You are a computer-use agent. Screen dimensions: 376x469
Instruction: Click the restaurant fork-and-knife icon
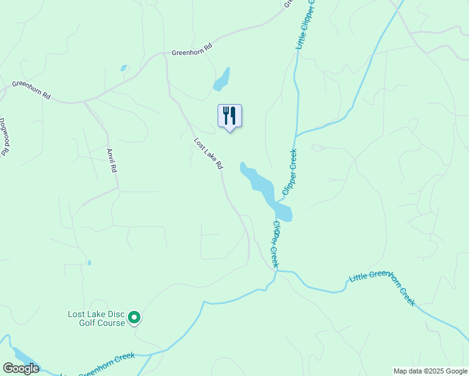(229, 116)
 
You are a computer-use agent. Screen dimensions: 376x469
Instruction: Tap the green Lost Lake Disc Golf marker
(134, 318)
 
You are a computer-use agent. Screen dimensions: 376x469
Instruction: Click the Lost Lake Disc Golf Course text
(97, 318)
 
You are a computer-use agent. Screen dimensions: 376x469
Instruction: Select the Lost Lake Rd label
(208, 154)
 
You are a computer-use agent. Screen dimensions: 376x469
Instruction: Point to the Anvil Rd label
(112, 160)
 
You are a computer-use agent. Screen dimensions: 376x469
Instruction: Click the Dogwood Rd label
(5, 137)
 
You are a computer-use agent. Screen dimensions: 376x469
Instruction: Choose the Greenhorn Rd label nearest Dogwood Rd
(31, 90)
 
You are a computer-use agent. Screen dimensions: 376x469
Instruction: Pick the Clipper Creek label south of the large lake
(275, 244)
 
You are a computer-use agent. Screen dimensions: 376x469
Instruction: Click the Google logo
(21, 368)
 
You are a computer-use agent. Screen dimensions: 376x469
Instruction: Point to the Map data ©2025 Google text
(430, 371)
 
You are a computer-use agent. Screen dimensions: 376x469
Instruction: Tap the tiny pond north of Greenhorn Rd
(124, 68)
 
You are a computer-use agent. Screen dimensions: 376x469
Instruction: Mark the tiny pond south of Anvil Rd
(89, 263)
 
